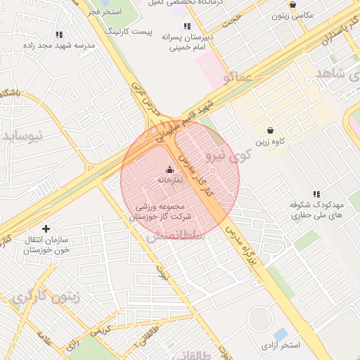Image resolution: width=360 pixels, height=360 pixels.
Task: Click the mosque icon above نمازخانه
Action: pos(169,169)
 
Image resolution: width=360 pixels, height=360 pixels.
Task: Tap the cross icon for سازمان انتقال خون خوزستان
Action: pos(46,229)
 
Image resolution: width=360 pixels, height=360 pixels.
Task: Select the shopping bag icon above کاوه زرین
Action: pos(271,130)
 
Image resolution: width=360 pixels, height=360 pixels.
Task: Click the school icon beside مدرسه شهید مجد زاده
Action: pos(59,34)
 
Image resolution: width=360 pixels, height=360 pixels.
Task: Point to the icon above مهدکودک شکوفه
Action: pos(316,194)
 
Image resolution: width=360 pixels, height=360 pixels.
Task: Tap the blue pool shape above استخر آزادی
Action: pos(280,333)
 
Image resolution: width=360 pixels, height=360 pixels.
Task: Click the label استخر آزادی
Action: pos(280,345)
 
